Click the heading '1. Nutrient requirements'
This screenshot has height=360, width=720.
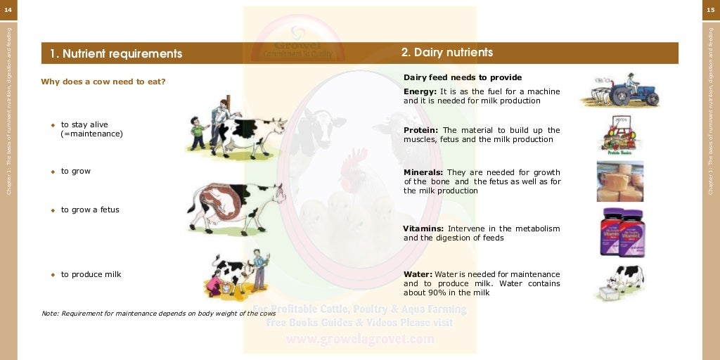pyautogui.click(x=116, y=54)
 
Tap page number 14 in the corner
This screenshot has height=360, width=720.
pyautogui.click(x=8, y=9)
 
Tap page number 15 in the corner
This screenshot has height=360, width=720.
pyautogui.click(x=711, y=9)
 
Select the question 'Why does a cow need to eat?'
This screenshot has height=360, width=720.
pyautogui.click(x=103, y=82)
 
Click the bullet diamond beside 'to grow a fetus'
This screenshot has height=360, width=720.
pyautogui.click(x=53, y=210)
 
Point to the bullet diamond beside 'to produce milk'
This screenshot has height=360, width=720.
pyautogui.click(x=53, y=275)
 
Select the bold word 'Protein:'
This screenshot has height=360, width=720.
pyautogui.click(x=421, y=130)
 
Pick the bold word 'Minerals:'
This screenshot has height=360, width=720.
pyautogui.click(x=423, y=172)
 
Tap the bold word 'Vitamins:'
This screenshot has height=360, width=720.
pyautogui.click(x=423, y=229)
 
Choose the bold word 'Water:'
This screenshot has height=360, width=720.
pyautogui.click(x=418, y=274)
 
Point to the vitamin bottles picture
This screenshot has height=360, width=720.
pyautogui.click(x=622, y=233)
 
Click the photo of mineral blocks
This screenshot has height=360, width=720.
pyautogui.click(x=619, y=181)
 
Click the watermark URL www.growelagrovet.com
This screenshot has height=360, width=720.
pyautogui.click(x=359, y=340)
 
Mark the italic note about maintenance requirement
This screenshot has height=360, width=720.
pyautogui.click(x=158, y=313)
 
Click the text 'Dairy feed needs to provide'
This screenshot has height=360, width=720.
pyautogui.click(x=463, y=77)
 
